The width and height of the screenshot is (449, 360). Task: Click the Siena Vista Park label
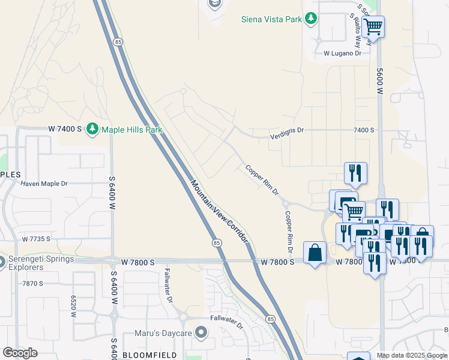[271, 19]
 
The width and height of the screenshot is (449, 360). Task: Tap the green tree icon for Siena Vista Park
[311, 19]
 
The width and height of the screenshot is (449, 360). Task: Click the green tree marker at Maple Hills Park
[92, 129]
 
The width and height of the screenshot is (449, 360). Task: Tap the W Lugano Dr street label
[342, 53]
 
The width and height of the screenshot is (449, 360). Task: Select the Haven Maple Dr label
[44, 183]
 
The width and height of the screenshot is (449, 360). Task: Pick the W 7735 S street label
[37, 239]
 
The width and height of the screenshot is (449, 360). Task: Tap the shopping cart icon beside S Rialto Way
[373, 26]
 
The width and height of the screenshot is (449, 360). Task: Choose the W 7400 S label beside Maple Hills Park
[64, 129]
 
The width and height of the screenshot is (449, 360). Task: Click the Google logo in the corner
[20, 353]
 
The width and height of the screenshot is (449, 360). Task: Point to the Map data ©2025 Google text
[411, 355]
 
